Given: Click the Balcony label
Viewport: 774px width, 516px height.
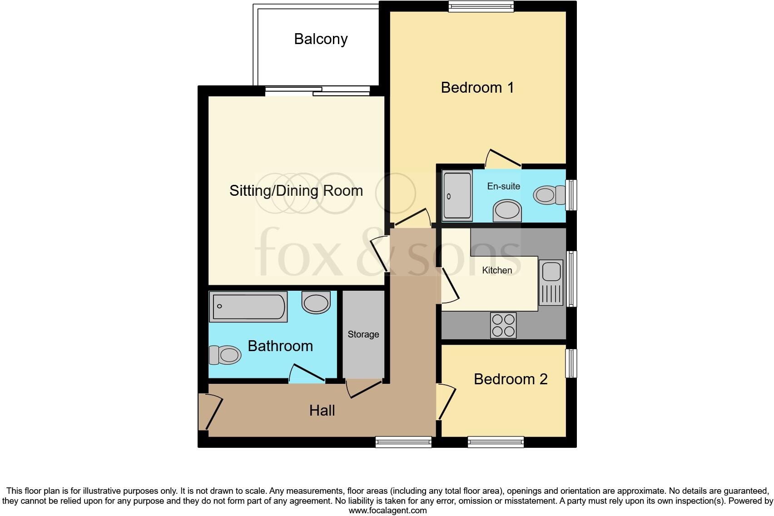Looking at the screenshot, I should [x=321, y=39].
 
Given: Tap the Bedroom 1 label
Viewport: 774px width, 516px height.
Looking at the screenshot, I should [x=477, y=87].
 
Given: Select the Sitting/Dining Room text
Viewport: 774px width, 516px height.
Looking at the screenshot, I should [x=296, y=190].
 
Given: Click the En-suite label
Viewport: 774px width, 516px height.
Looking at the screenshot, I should [x=503, y=186].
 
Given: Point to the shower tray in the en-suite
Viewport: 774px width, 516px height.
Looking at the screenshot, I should [x=457, y=195].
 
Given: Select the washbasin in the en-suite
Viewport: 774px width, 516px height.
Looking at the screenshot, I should [x=507, y=211].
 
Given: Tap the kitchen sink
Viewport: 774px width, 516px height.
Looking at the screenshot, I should [x=551, y=282].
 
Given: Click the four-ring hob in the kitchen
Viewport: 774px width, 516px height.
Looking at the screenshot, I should [x=503, y=325].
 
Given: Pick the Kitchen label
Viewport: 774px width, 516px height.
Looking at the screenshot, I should [x=497, y=270].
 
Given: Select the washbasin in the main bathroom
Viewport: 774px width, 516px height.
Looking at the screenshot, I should [x=316, y=303].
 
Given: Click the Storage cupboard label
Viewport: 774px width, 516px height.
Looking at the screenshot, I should [x=363, y=334].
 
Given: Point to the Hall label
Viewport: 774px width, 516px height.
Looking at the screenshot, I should [x=322, y=411].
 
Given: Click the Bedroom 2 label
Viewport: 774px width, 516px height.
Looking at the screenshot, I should [x=511, y=379].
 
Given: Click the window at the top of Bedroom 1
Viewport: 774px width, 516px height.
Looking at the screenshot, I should [x=481, y=6].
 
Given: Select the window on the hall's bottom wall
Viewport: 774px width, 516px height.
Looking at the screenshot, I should [x=403, y=442].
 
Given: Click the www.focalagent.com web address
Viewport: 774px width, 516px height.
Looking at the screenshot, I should [x=387, y=511].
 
